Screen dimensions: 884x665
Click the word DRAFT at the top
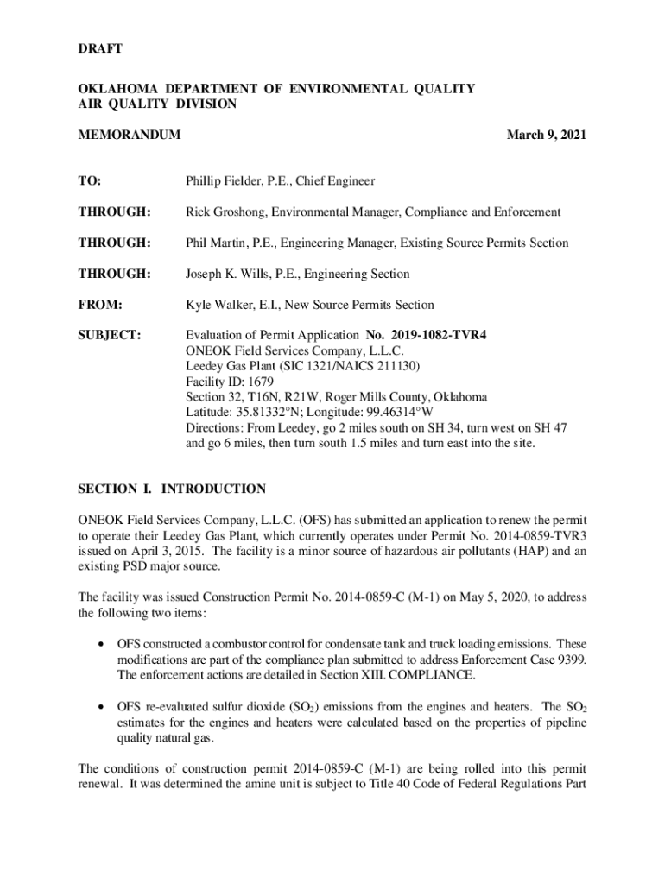(100, 48)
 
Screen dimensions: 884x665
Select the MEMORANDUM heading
(130, 135)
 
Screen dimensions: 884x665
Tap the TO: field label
(90, 181)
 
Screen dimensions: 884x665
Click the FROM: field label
(100, 306)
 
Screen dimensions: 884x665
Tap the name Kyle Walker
(219, 306)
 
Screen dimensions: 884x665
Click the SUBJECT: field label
(111, 336)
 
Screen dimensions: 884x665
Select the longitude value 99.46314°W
(396, 414)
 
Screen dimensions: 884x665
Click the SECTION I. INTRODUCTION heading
(172, 489)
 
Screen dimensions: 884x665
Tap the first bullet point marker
(104, 645)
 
